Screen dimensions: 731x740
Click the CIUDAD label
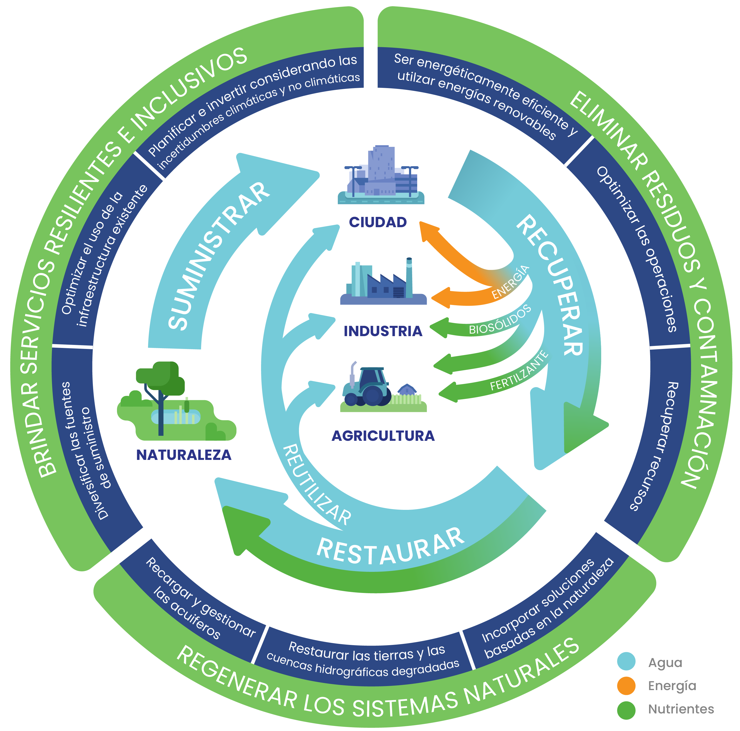[x=378, y=222]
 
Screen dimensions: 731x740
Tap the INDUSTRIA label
[x=383, y=331]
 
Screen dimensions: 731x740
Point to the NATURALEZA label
[x=184, y=455]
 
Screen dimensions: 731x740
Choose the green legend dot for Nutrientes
[x=626, y=710]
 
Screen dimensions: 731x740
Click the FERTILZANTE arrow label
[x=519, y=371]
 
